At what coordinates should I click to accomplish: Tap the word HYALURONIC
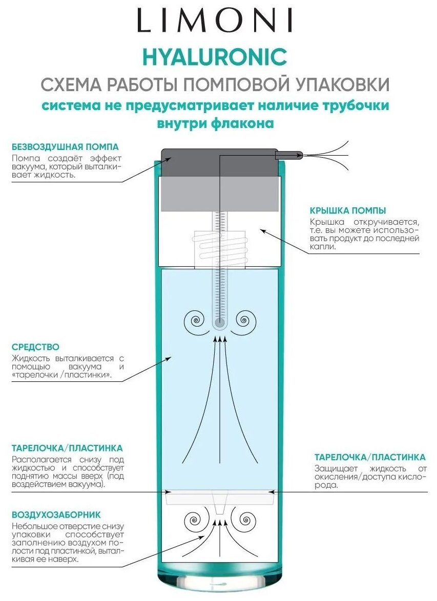coord(215,57)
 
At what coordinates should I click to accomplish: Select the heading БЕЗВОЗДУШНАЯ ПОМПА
coord(65,147)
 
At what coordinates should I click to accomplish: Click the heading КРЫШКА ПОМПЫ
coord(348,210)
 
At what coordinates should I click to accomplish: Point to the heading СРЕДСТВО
coord(35,347)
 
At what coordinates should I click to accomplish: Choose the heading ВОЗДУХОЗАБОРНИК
coord(56,514)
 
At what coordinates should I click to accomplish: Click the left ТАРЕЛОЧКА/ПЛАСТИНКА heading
coord(67,448)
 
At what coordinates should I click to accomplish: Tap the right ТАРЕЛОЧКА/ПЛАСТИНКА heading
coord(369,457)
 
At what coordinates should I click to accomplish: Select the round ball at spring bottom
coord(220,323)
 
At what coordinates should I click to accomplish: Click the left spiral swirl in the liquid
coord(196,321)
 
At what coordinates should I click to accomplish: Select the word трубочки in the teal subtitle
coord(351,106)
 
